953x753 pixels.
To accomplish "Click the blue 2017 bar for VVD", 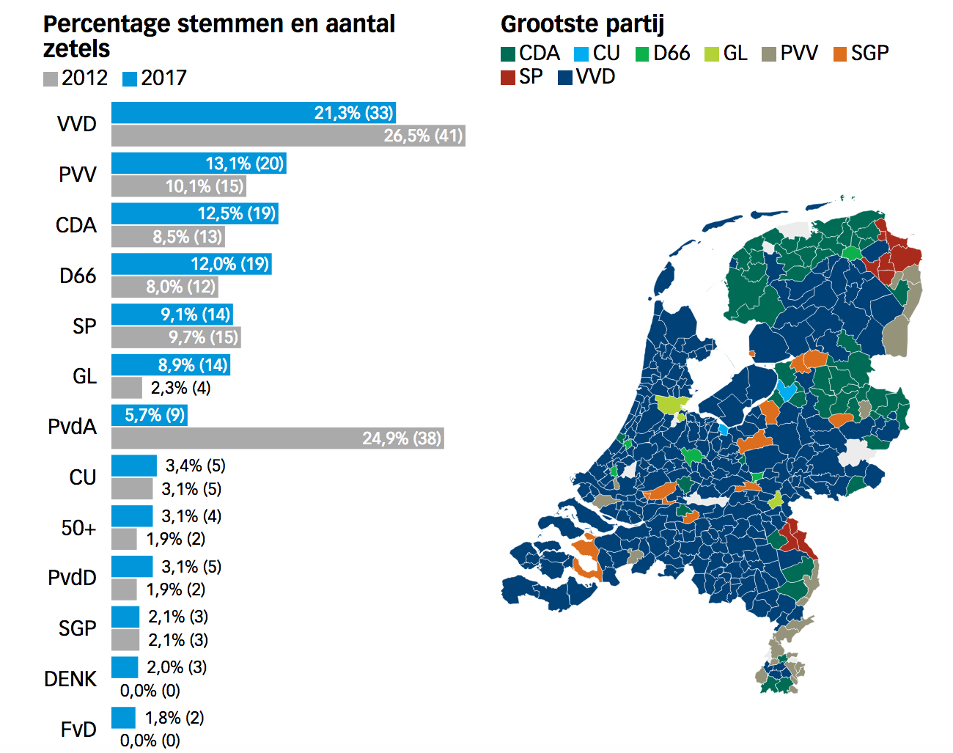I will pyautogui.click(x=254, y=113).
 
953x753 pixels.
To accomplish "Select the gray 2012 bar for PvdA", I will pyautogui.click(x=277, y=438).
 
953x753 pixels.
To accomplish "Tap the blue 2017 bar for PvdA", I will pyautogui.click(x=150, y=416).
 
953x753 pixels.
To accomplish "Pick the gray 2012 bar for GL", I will pyautogui.click(x=127, y=388).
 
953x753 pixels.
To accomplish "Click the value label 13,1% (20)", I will pyautogui.click(x=245, y=164).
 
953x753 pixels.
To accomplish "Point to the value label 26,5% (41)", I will pyautogui.click(x=424, y=136).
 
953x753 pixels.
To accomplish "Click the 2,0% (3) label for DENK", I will pyautogui.click(x=177, y=667).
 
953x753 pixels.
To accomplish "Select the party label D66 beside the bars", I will pyautogui.click(x=78, y=276).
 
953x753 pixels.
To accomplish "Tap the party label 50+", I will pyautogui.click(x=78, y=528).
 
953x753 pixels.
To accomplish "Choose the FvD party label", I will pyautogui.click(x=78, y=730).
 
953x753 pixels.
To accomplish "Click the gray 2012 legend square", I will pyautogui.click(x=51, y=78).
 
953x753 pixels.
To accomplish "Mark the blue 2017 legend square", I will pyautogui.click(x=130, y=78).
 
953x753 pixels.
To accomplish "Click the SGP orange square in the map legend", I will pyautogui.click(x=840, y=54).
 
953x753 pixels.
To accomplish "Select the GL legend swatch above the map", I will pyautogui.click(x=712, y=54).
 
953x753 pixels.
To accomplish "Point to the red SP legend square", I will pyautogui.click(x=508, y=78).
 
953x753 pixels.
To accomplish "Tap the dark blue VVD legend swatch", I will pyautogui.click(x=565, y=78).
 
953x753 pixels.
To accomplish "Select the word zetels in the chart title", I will pyautogui.click(x=76, y=49).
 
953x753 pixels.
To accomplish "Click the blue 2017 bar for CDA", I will pyautogui.click(x=194, y=213).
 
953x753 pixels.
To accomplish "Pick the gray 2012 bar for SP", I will pyautogui.click(x=176, y=337).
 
